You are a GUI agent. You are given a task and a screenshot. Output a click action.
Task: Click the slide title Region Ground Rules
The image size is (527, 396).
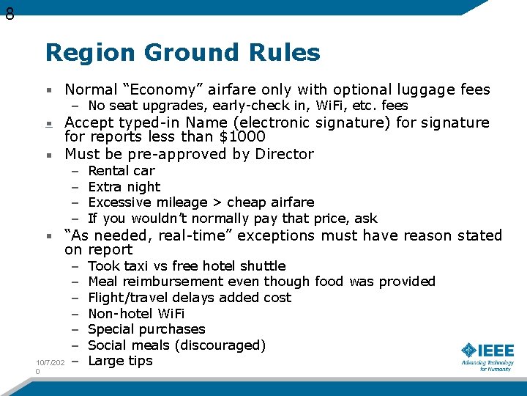(x=182, y=53)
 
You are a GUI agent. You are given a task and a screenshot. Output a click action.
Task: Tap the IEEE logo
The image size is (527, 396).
(x=487, y=355)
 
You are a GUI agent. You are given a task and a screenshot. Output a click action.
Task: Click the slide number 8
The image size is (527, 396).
(x=9, y=13)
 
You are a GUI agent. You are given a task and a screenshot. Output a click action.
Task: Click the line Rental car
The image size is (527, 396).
(x=121, y=171)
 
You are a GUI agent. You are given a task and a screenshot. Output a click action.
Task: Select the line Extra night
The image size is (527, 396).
(x=124, y=187)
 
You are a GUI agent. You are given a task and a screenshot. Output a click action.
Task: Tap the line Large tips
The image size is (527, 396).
(x=120, y=361)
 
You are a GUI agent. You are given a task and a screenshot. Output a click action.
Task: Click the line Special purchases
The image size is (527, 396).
(x=146, y=329)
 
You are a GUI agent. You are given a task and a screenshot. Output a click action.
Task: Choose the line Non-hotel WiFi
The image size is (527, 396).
(x=136, y=313)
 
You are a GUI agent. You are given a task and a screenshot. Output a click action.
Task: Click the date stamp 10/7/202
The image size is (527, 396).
(x=51, y=363)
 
